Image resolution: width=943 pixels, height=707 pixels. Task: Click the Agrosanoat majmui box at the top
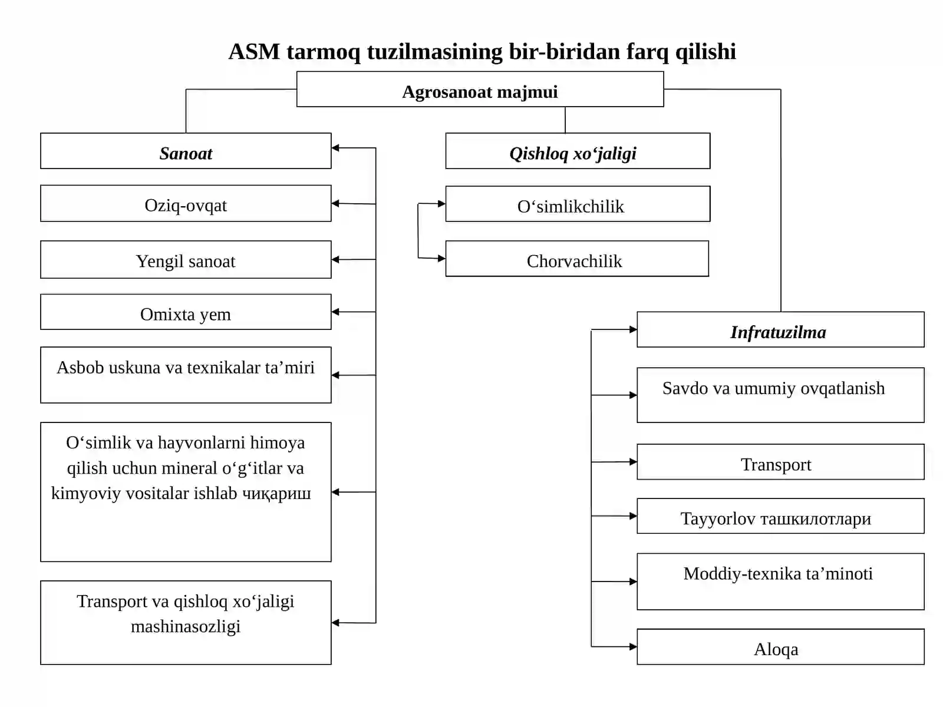point(480,89)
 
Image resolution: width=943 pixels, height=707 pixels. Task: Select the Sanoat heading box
point(186,151)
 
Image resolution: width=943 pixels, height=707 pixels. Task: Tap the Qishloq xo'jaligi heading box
point(578,151)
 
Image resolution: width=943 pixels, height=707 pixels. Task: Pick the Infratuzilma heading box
point(780,329)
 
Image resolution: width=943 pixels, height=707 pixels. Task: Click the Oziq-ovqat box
point(186,203)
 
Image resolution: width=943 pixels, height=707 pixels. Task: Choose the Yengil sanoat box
point(186,259)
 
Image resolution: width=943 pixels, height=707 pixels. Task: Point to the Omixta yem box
point(186,312)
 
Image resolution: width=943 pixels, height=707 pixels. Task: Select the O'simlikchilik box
point(578,204)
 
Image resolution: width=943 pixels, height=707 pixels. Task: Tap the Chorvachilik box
point(577,259)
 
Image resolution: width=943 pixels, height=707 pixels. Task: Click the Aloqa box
point(780,647)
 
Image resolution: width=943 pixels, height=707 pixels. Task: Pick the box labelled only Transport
point(780,462)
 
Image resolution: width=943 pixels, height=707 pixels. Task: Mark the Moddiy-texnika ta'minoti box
point(780,582)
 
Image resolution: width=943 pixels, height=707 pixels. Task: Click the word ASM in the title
point(255,51)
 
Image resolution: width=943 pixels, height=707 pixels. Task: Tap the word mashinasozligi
point(186,627)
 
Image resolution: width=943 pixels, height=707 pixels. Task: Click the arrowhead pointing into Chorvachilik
point(441,259)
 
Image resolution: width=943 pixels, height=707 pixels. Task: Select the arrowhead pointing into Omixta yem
point(335,312)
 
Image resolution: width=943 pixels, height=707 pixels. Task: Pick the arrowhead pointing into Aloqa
point(633,646)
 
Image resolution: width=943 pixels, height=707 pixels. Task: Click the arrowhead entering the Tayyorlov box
point(633,516)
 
